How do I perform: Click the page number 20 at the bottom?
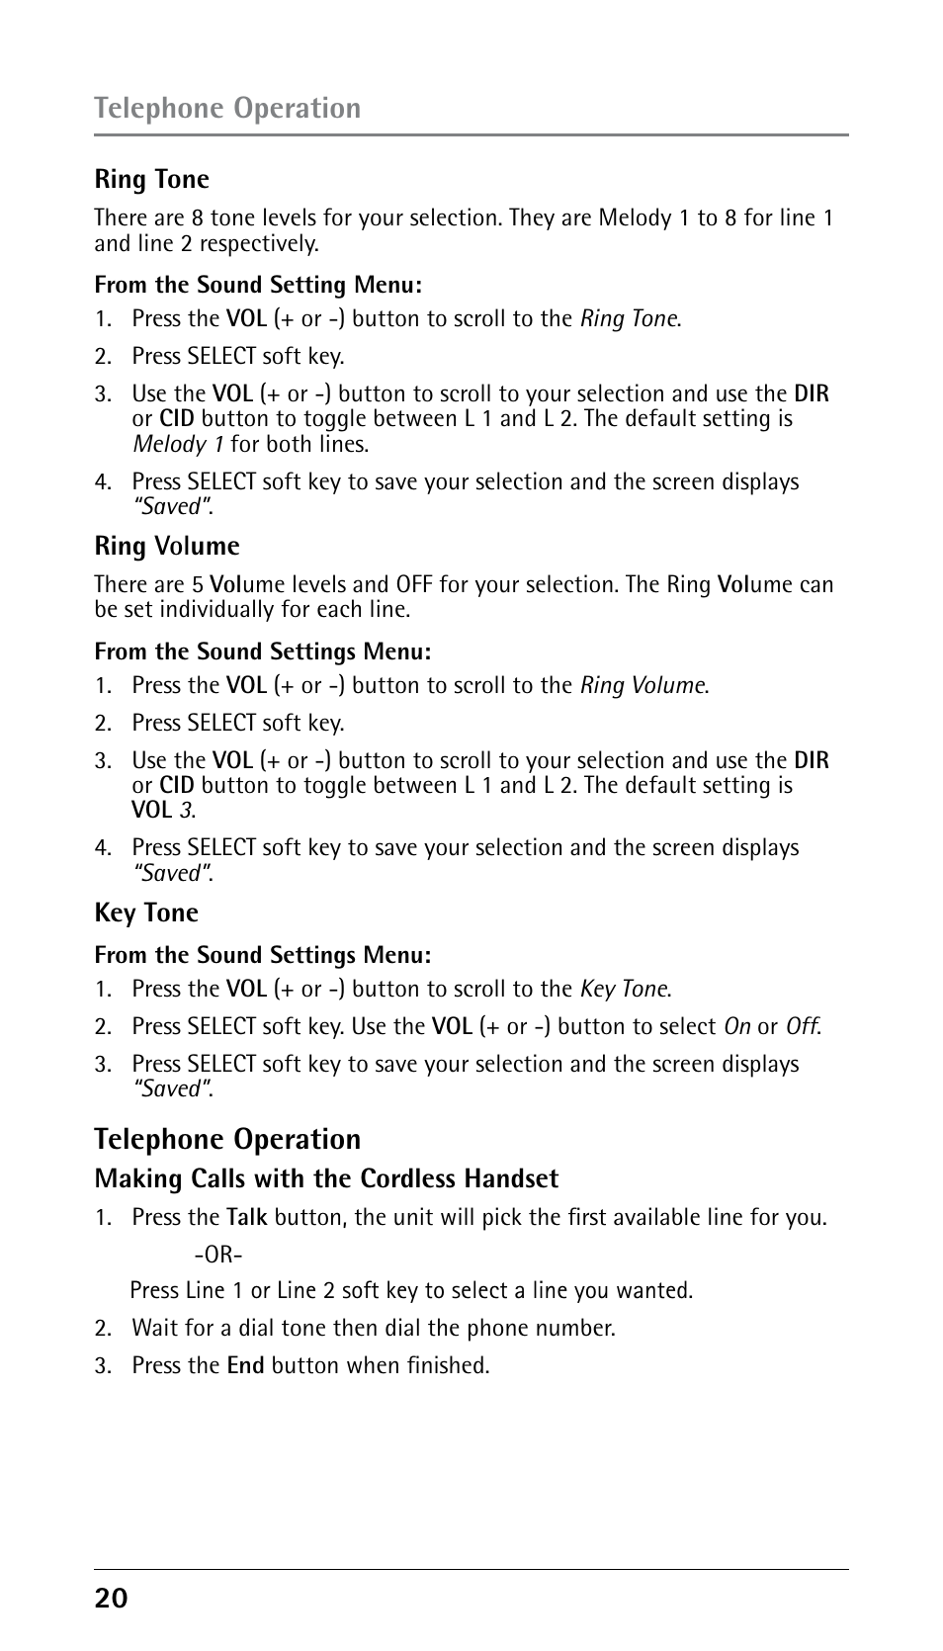111,1598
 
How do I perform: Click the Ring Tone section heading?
152,179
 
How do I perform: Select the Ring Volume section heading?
167,546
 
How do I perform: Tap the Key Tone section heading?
146,912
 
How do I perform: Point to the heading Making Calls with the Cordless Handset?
326,1178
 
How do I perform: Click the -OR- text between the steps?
218,1255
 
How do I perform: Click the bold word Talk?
247,1217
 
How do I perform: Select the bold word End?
245,1365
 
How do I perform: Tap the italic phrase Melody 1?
178,444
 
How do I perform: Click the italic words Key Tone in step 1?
625,989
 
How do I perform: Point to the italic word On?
737,1026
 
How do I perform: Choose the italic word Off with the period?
803,1026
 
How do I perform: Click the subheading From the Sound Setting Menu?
258,285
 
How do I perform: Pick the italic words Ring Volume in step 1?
643,685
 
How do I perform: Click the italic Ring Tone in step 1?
630,318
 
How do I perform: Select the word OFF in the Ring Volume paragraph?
414,584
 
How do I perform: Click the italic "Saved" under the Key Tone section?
174,1088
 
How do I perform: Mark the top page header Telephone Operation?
227,108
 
